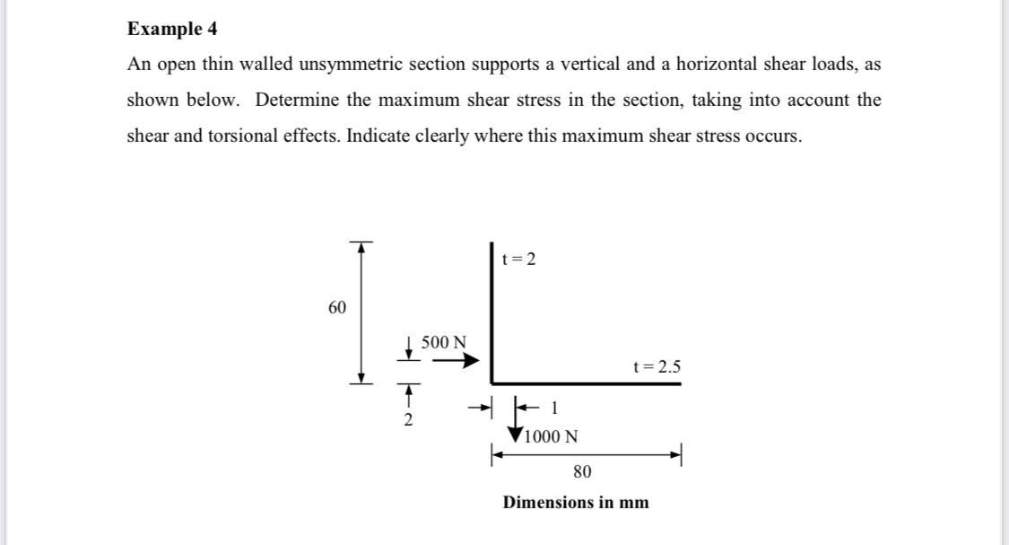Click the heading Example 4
pyautogui.click(x=172, y=29)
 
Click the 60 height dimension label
pyautogui.click(x=337, y=308)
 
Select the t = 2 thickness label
pyautogui.click(x=519, y=259)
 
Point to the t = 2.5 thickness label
pyautogui.click(x=657, y=366)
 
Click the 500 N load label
pyautogui.click(x=444, y=342)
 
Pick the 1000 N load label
pyautogui.click(x=551, y=437)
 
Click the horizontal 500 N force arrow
pyautogui.click(x=456, y=361)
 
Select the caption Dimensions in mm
pyautogui.click(x=576, y=502)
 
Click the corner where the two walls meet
pyautogui.click(x=492, y=382)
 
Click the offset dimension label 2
pyautogui.click(x=408, y=420)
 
